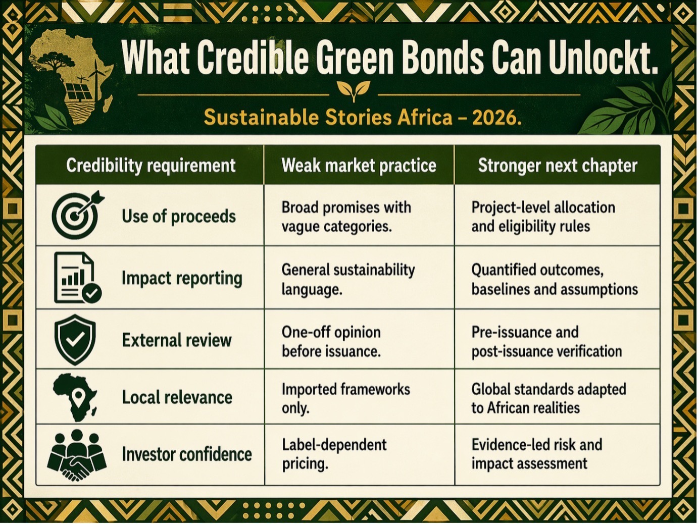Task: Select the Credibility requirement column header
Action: (151, 166)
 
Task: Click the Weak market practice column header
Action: (359, 166)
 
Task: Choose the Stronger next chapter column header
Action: (558, 166)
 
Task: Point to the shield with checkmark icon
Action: (75, 340)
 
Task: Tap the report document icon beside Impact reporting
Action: (77, 277)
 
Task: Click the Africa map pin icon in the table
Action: (75, 397)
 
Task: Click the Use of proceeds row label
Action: (179, 217)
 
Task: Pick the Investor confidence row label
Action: (187, 454)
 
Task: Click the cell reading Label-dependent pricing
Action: (334, 454)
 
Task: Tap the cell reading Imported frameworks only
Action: (346, 399)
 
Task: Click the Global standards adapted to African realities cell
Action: (548, 399)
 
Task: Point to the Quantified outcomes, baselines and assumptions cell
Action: (555, 280)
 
